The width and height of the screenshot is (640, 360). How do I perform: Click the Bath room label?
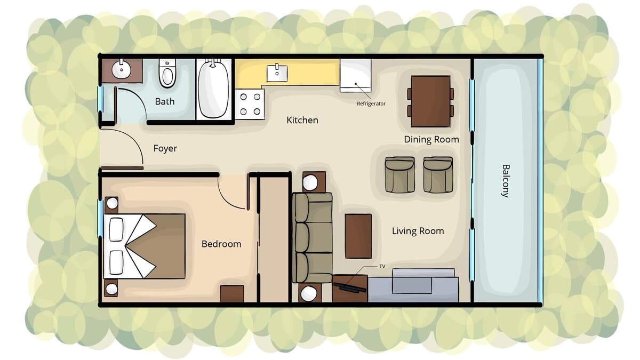pos(165,101)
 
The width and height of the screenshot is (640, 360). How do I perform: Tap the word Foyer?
pos(165,148)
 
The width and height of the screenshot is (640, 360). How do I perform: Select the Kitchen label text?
pos(302,120)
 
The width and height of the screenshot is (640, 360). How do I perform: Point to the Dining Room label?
pos(431,139)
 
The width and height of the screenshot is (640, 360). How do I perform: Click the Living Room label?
pos(418,231)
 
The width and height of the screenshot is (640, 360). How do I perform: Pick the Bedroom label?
pos(221,244)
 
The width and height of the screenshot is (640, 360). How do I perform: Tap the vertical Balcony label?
pos(506,181)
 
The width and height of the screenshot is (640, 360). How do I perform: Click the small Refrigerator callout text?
pos(371,103)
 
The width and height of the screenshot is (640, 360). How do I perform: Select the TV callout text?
pos(382,266)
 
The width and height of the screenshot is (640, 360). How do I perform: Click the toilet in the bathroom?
pos(167,73)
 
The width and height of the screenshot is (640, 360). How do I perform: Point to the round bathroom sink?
pos(121,69)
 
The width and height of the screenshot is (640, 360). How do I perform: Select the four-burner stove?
pos(250,104)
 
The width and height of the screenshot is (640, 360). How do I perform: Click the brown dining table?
pos(430,101)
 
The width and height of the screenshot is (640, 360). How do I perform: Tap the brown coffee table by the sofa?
pos(358,236)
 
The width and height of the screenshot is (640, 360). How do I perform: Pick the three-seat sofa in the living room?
pos(313,238)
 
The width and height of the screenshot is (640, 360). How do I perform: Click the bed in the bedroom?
pos(145,246)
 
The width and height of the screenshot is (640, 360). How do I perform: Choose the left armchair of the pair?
pos(399,174)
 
